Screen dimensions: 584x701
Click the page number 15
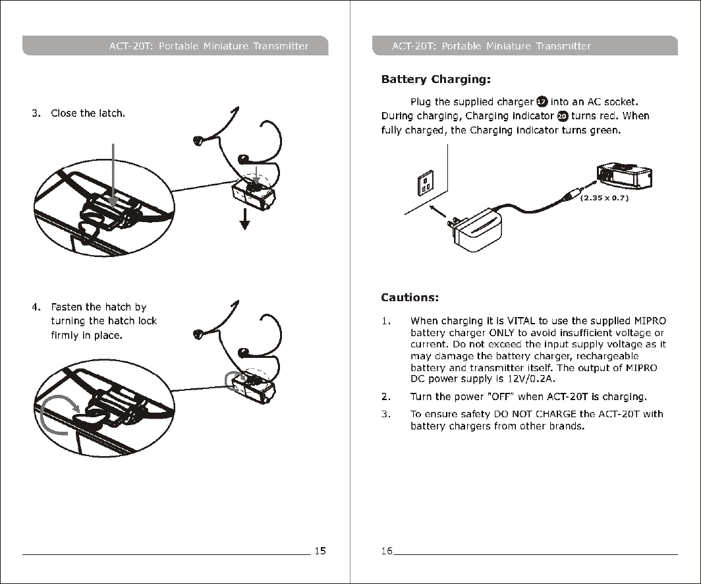point(320,551)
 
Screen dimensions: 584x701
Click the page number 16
point(386,551)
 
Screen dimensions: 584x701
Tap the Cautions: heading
point(410,297)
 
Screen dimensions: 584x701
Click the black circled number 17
point(541,102)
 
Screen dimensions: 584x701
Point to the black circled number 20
point(563,116)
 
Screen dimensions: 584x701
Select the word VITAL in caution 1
point(520,321)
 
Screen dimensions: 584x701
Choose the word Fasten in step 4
point(67,307)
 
